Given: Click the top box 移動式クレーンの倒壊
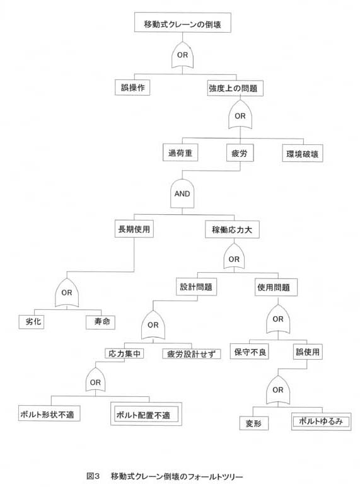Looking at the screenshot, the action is click(x=182, y=22).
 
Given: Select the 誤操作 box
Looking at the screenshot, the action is click(x=132, y=88).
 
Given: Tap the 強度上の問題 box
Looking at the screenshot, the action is click(x=235, y=88).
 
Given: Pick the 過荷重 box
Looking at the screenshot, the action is click(x=180, y=152).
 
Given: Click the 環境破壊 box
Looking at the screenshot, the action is click(x=303, y=154).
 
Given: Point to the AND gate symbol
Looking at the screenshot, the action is click(x=182, y=193).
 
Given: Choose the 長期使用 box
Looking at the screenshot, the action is click(x=134, y=229).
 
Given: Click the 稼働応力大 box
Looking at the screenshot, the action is click(x=232, y=229).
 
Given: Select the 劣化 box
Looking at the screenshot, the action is click(x=32, y=322).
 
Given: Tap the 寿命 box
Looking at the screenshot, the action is click(x=100, y=322).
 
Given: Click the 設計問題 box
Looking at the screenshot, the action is click(x=196, y=287).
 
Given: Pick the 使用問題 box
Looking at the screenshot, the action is click(x=276, y=287).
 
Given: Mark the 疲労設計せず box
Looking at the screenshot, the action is click(x=192, y=354).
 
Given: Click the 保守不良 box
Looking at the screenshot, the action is click(x=249, y=352).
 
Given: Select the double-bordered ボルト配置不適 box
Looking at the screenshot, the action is click(x=146, y=414).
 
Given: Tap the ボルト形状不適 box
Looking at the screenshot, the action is click(x=49, y=413).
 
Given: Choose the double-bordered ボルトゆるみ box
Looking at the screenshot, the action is click(x=321, y=421).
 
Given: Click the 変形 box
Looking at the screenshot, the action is click(x=253, y=423).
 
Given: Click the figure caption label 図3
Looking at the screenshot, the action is click(x=93, y=476).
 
